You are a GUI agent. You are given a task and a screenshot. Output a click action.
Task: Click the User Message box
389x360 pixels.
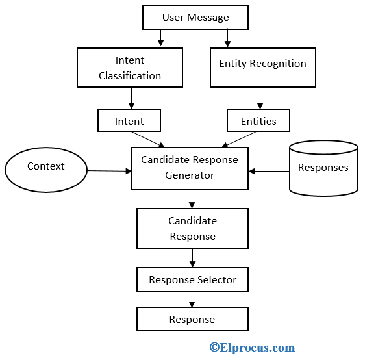pos(195,18)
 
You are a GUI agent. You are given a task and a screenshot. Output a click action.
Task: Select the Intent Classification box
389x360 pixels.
pos(130,68)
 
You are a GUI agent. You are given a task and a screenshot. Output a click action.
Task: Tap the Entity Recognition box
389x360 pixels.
pos(262,68)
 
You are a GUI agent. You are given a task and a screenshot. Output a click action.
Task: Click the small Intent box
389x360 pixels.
pos(129,121)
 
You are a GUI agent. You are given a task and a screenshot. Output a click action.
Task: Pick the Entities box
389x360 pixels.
pos(258,121)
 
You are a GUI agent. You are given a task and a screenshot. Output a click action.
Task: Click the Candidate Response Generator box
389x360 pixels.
pos(190,168)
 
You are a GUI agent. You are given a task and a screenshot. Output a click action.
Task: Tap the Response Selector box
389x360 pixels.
pos(192,280)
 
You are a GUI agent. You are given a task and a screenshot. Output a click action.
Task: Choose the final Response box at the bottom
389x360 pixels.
pos(192,319)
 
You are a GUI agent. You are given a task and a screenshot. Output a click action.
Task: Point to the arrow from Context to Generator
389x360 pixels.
pos(108,170)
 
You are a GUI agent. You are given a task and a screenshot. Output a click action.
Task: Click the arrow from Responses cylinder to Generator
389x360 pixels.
pos(269,171)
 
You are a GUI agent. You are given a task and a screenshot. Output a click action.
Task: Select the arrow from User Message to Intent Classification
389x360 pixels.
pos(160,38)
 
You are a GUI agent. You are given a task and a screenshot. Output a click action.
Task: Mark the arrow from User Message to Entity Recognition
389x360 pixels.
pos(227,38)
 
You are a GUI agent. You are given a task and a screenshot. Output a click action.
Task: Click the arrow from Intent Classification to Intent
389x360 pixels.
pos(132,98)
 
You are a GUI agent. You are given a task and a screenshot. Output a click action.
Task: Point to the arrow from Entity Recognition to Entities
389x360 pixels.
pos(260,97)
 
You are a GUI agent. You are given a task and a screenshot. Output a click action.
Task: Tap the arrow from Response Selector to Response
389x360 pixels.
pos(192,300)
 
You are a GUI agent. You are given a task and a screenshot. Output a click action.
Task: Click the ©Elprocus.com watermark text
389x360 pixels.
pos(252,348)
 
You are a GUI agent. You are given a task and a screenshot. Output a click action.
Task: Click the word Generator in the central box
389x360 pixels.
pos(190,175)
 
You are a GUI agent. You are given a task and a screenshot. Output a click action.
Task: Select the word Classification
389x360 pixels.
pos(130,75)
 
